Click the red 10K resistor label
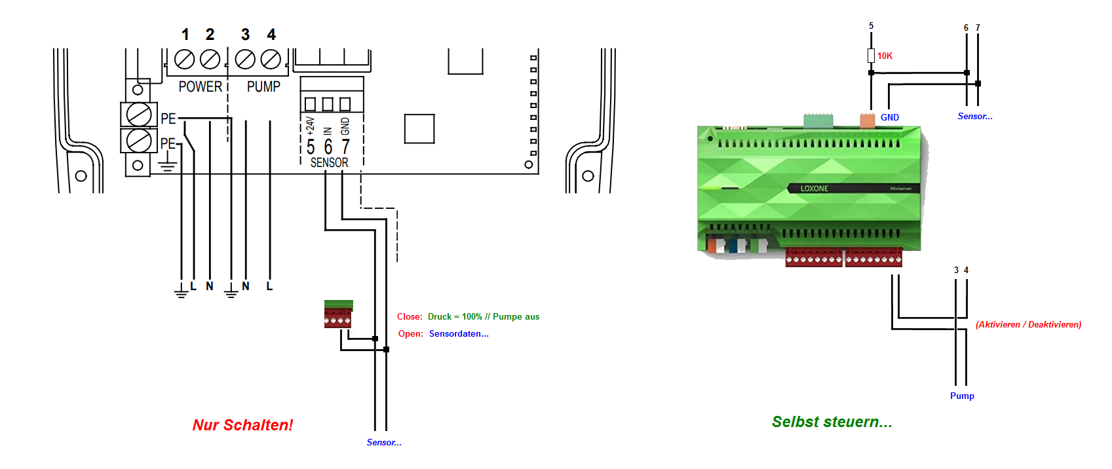tap(885, 56)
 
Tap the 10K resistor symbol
tap(871, 56)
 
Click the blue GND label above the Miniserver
tap(889, 118)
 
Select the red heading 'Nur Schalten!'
tap(242, 425)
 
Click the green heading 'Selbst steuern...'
tap(832, 422)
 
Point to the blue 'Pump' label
tap(962, 396)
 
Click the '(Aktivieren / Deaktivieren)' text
tap(1028, 324)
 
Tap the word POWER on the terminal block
tap(200, 86)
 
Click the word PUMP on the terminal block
tap(263, 86)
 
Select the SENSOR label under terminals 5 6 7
tap(329, 162)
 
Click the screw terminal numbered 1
tap(185, 60)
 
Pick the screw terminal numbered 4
tap(271, 60)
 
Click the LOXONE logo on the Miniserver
tap(814, 189)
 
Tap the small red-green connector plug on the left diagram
tap(338, 314)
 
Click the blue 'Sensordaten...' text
tap(459, 333)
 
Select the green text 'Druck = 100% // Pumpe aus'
tap(484, 316)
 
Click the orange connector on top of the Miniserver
tap(867, 120)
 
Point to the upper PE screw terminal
tap(139, 115)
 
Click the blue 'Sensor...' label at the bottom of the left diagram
tap(384, 443)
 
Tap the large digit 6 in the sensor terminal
tap(328, 147)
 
